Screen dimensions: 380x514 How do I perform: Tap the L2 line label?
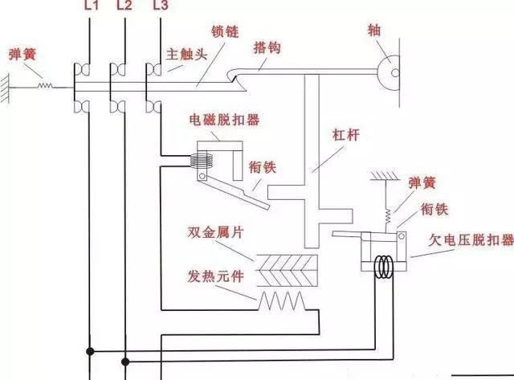click(x=124, y=6)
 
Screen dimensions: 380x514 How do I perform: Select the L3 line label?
click(x=160, y=6)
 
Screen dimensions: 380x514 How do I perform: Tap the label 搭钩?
click(x=266, y=48)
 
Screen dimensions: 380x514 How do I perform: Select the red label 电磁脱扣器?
click(x=224, y=121)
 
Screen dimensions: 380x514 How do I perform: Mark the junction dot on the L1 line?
click(x=92, y=351)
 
